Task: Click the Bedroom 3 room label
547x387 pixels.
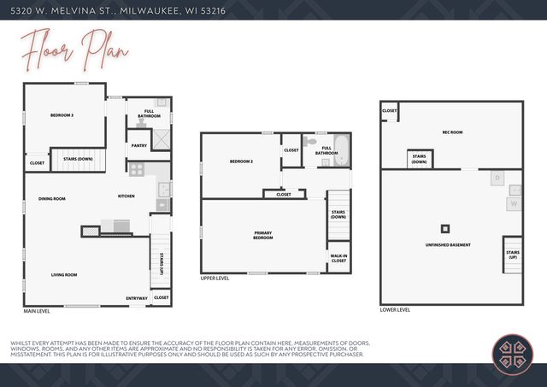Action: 62,115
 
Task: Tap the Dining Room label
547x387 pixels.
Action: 52,198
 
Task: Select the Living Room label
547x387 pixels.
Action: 64,274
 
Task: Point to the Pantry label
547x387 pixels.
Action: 139,146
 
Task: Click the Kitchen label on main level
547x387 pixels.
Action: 126,196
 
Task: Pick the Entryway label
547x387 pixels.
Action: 137,297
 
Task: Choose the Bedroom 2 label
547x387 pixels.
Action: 242,161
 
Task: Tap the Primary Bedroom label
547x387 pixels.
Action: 263,235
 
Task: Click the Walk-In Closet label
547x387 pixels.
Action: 338,258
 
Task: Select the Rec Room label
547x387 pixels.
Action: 452,132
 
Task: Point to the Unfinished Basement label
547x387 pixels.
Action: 448,245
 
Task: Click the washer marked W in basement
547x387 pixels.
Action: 515,204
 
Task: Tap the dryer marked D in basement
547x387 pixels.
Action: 497,179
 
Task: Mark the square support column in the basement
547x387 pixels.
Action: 444,228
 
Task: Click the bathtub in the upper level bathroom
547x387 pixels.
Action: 340,150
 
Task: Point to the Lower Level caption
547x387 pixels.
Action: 395,309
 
